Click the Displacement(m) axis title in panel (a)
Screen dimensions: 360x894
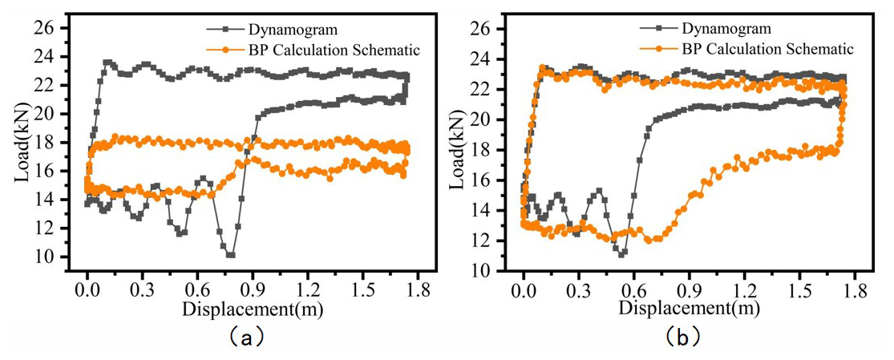[245, 308]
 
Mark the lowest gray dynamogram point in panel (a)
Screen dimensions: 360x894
[231, 255]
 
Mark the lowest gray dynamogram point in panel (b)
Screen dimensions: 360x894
[621, 253]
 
